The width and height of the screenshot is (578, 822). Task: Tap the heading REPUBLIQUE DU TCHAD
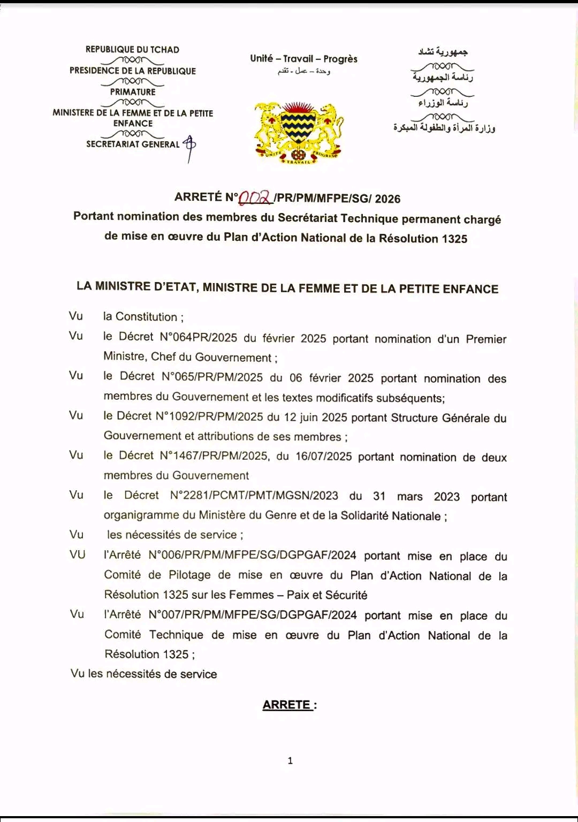point(132,50)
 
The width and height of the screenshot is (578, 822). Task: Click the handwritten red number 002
point(256,198)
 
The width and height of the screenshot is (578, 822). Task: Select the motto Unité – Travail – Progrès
point(303,59)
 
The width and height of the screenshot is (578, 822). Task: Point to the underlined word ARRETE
point(287,705)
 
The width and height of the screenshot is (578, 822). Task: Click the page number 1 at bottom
point(290,760)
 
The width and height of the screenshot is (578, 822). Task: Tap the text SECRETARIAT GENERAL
point(133,144)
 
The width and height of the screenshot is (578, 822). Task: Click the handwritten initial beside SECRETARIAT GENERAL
point(189,147)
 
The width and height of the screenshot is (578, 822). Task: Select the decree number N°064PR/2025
point(199,337)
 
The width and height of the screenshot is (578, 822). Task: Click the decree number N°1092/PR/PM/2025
point(209,416)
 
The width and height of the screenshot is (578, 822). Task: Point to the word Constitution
point(146,317)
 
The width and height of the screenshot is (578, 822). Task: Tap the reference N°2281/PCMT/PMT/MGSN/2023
point(254,496)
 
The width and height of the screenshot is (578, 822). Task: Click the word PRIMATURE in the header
point(133,92)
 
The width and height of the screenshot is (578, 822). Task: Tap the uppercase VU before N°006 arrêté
point(78,555)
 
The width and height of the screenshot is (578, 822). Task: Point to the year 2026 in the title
point(387,199)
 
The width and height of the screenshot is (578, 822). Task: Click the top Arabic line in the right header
point(443,52)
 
